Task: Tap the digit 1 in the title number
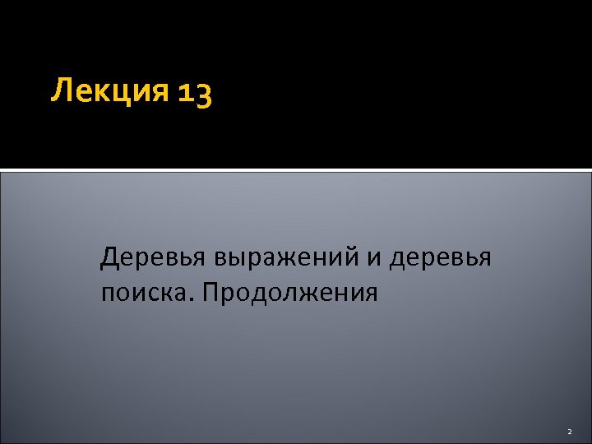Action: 183,93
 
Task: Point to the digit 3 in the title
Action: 203,95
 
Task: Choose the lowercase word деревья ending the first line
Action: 440,259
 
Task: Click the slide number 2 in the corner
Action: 568,431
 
